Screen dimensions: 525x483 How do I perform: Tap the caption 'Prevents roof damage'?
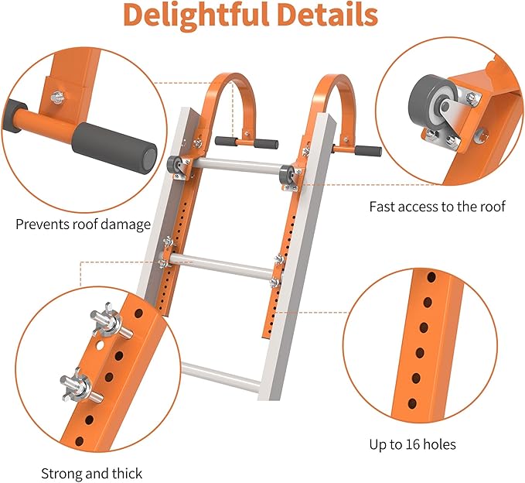pos(83,224)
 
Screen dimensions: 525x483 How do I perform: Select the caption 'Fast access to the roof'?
pos(437,207)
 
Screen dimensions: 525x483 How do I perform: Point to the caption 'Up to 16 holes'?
pos(413,445)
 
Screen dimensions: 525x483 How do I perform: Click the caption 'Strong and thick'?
pos(91,474)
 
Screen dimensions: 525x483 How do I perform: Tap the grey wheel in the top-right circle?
pos(432,99)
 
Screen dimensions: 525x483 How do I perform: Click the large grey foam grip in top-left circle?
pos(114,148)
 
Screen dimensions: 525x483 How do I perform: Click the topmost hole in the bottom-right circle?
pos(431,277)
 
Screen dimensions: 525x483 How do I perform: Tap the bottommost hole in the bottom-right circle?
pos(412,403)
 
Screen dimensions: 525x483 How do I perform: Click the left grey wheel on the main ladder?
pos(174,166)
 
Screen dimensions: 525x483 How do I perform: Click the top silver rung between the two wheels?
pos(237,166)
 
